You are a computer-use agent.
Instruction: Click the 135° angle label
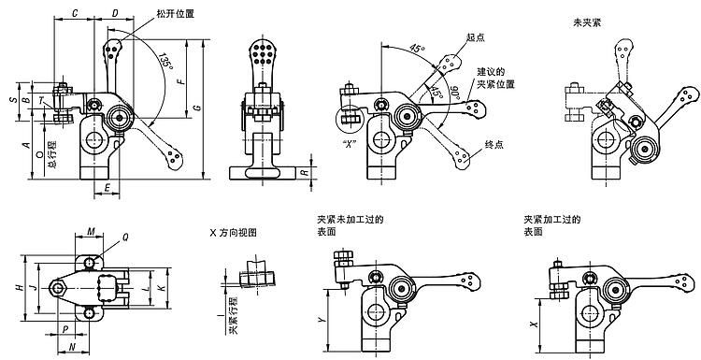(x=165, y=62)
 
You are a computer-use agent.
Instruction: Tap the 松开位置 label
(x=176, y=14)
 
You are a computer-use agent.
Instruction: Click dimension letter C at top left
(x=75, y=14)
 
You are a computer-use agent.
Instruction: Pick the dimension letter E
(x=107, y=189)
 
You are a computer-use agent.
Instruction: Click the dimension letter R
(x=305, y=172)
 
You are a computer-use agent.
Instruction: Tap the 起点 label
(x=475, y=37)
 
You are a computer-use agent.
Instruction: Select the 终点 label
(x=494, y=145)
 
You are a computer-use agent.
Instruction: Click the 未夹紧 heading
(x=587, y=22)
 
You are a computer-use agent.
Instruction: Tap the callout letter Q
(x=125, y=238)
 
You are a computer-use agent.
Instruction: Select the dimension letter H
(x=20, y=288)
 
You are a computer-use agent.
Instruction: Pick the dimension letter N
(x=73, y=347)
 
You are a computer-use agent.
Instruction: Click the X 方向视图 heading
(x=234, y=233)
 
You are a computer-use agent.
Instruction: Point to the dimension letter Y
(x=321, y=320)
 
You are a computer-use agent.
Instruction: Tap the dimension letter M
(x=91, y=231)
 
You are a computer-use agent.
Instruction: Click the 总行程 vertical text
(x=52, y=153)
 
